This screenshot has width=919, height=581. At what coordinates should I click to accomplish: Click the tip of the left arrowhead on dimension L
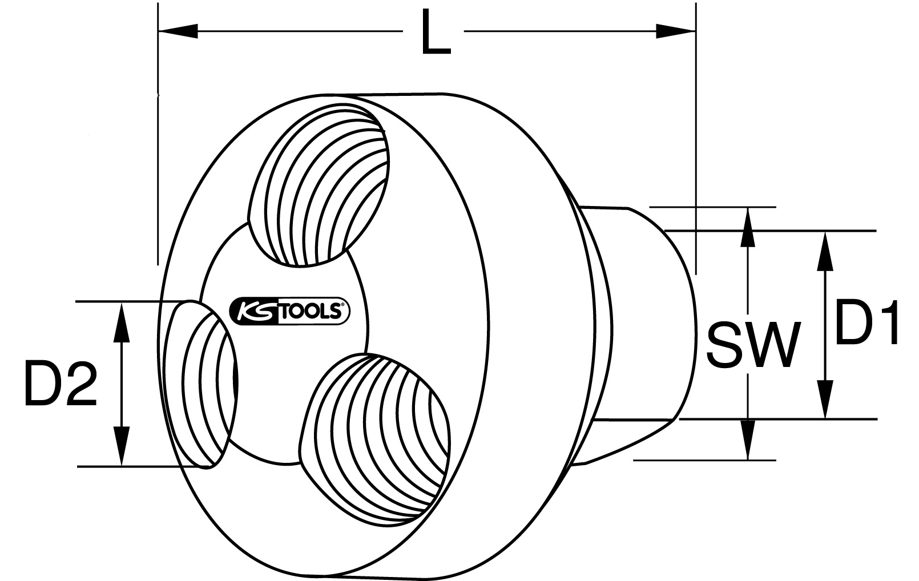[x=158, y=31]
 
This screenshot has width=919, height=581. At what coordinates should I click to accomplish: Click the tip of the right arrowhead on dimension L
[x=696, y=31]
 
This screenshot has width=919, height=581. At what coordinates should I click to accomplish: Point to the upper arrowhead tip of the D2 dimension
[x=122, y=302]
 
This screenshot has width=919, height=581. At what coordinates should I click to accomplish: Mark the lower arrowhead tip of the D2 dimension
[x=122, y=466]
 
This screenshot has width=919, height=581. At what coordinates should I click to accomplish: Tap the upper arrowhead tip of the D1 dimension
[x=825, y=231]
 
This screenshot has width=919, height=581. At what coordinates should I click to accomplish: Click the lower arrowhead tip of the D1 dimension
[x=825, y=419]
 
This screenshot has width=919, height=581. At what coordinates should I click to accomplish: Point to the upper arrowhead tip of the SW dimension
[x=748, y=208]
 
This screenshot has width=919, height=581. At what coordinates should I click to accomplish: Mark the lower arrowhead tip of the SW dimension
[x=748, y=459]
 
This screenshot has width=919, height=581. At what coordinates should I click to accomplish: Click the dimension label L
[x=436, y=33]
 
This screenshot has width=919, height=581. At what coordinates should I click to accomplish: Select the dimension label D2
[x=61, y=384]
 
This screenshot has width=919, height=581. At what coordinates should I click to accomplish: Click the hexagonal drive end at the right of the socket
[x=634, y=334]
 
